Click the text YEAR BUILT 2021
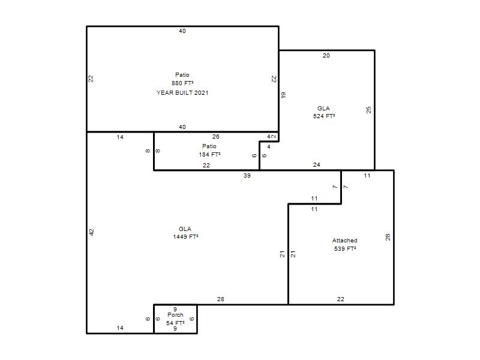[x=182, y=93]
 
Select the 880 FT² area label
[x=182, y=83]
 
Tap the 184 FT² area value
[x=209, y=155]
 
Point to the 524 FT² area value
[x=324, y=116]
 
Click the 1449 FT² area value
[x=185, y=237]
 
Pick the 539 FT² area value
[x=345, y=249]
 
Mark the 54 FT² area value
[x=175, y=323]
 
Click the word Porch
[x=175, y=315]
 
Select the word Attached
[x=344, y=241]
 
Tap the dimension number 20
[x=326, y=56]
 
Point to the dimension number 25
[x=369, y=110]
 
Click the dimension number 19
[x=283, y=95]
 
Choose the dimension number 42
[x=92, y=232]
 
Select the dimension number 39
[x=247, y=176]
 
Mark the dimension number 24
[x=317, y=165]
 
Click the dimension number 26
[x=216, y=137]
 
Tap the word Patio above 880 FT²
[x=182, y=74]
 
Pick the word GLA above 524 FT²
[x=323, y=109]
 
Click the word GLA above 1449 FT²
[x=185, y=229]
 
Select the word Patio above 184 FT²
[x=209, y=146]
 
